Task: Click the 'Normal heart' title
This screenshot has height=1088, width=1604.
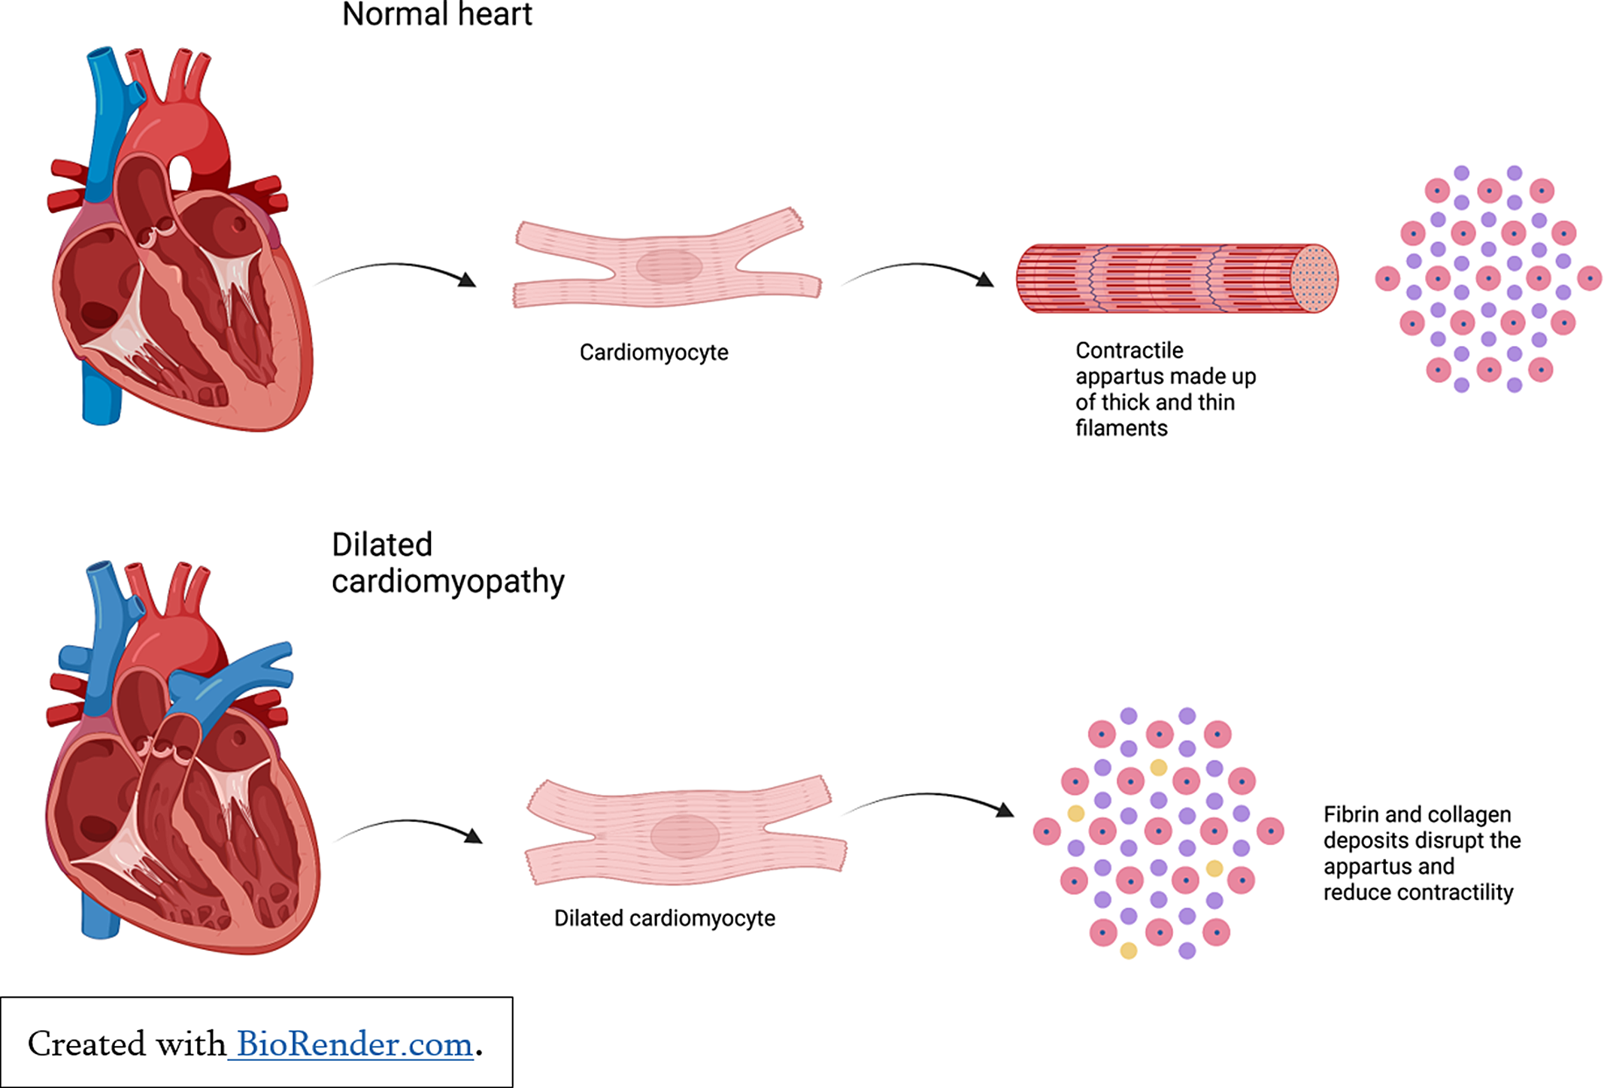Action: [x=437, y=15]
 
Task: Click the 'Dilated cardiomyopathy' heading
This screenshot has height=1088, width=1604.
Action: [x=447, y=563]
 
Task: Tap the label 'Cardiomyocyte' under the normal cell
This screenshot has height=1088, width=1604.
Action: [x=653, y=353]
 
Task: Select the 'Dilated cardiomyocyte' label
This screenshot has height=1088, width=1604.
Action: [x=664, y=918]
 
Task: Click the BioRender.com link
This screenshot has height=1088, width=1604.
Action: [x=354, y=1044]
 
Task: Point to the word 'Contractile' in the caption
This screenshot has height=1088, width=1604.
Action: [x=1129, y=350]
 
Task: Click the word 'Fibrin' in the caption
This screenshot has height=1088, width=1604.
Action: [x=1351, y=814]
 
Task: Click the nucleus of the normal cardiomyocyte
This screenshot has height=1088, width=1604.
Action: [x=669, y=266]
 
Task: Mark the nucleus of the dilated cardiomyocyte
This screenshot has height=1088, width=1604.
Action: [x=684, y=835]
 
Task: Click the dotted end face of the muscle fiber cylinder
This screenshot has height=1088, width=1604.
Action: [x=1314, y=278]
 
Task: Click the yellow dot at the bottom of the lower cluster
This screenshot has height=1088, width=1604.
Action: [x=1128, y=951]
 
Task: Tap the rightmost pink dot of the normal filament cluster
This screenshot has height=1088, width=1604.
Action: [x=1589, y=278]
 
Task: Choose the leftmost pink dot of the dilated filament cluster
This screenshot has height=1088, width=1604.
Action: [x=1046, y=832]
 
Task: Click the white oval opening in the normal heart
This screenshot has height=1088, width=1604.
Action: [x=180, y=172]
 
